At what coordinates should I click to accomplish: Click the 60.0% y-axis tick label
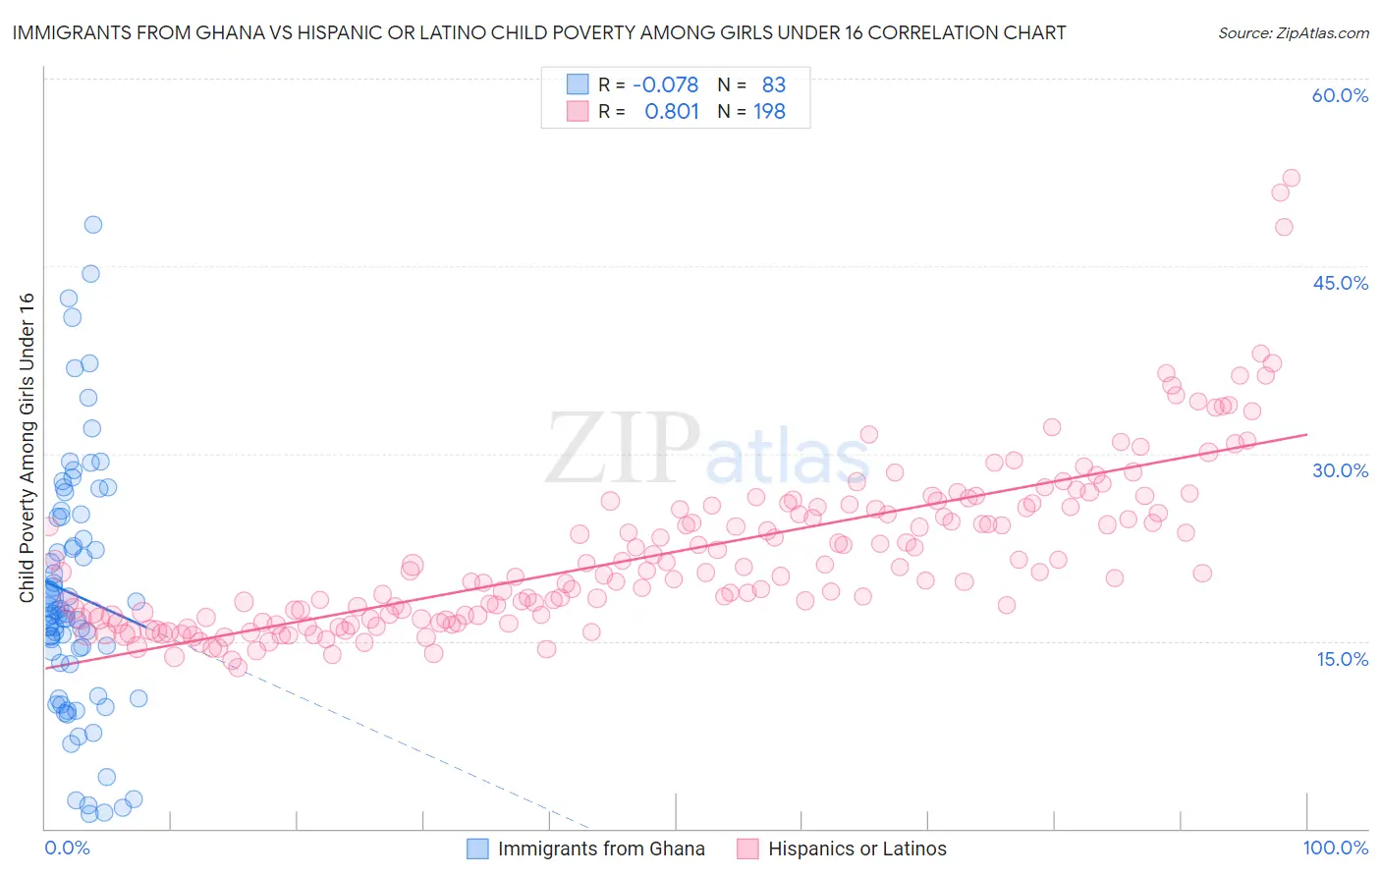click(x=1340, y=95)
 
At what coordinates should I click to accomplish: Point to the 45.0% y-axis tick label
click(x=1340, y=283)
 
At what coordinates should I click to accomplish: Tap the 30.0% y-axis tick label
click(x=1340, y=470)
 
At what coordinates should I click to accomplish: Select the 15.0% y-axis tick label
click(x=1342, y=659)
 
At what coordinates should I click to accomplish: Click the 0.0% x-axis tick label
click(x=67, y=849)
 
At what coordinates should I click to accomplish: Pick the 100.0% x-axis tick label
click(x=1335, y=849)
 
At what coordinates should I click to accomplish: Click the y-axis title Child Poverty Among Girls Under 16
click(x=27, y=448)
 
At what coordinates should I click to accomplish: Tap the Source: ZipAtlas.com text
click(x=1293, y=33)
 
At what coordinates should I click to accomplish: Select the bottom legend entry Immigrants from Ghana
click(x=600, y=849)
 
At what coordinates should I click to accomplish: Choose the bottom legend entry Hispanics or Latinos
click(x=856, y=849)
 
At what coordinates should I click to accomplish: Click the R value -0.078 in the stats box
click(x=665, y=84)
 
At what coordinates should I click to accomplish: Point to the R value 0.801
click(x=671, y=112)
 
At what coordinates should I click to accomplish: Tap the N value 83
click(x=773, y=84)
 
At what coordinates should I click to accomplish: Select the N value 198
click(x=769, y=112)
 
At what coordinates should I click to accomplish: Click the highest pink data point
click(x=1291, y=178)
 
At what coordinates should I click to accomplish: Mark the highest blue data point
click(x=93, y=224)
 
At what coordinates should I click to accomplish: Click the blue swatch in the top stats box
click(x=578, y=84)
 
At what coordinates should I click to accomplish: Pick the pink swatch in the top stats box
click(x=578, y=112)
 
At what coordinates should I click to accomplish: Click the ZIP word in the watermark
click(x=623, y=448)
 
